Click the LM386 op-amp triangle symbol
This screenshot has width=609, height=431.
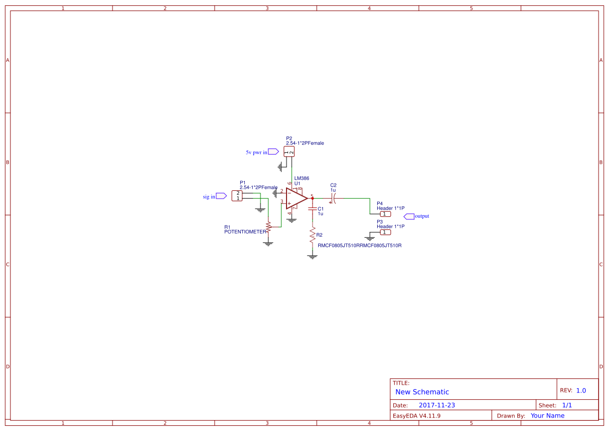click(295, 198)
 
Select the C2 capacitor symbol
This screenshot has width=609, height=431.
click(333, 199)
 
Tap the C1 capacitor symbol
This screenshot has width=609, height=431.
click(312, 208)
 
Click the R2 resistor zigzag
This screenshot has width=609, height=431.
click(312, 235)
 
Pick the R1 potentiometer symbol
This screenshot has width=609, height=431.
click(268, 227)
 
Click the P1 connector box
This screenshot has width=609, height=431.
click(237, 196)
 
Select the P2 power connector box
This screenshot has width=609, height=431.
click(289, 152)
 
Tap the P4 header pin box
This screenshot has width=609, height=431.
click(384, 214)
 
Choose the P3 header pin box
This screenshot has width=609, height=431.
click(384, 232)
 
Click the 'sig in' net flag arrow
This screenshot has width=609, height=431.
click(221, 196)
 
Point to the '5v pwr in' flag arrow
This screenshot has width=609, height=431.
click(274, 152)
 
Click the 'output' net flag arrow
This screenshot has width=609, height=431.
click(409, 216)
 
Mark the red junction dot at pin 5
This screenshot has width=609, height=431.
click(312, 199)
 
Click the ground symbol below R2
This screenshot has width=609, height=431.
click(312, 256)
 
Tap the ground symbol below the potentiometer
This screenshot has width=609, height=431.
click(268, 243)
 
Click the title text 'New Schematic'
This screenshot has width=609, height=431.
click(422, 392)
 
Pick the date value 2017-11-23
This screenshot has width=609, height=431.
click(437, 405)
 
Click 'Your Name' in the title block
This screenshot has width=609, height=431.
click(548, 416)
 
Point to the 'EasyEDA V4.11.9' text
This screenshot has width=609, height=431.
click(416, 416)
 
